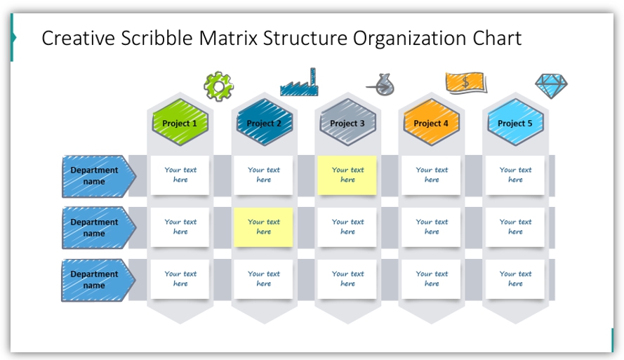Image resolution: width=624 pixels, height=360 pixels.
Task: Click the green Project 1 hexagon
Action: coord(180,123)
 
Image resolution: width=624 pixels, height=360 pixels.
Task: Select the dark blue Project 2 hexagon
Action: coord(264,123)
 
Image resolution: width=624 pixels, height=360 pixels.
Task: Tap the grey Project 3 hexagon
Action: coord(348,123)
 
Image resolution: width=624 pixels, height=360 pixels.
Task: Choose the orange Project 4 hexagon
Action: coord(432,123)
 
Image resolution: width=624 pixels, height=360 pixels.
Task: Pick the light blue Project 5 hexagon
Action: coord(516,123)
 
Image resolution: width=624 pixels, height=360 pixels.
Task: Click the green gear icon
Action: coord(218,86)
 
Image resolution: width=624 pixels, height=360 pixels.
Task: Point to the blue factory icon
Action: coord(299,82)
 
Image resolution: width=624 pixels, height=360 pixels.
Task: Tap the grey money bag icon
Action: coord(381,85)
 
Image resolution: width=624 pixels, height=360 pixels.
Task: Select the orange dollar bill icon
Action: coord(466,83)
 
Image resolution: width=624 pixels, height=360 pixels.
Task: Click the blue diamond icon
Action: coord(551,86)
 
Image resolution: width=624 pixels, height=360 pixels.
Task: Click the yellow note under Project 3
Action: coord(347,175)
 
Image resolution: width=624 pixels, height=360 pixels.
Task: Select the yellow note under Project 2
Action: coord(263,227)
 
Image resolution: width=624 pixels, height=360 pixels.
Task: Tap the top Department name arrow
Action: coord(98,176)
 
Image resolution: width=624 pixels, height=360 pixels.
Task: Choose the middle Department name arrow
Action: coord(98,228)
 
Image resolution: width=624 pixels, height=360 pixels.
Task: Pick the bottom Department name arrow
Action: coord(98,280)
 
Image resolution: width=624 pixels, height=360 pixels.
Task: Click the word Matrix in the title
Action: coord(228,38)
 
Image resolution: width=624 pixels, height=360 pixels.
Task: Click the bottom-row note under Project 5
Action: coord(515,279)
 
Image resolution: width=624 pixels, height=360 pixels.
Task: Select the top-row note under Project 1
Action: coord(180,175)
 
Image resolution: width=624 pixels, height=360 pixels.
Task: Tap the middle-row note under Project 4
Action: coord(432,227)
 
